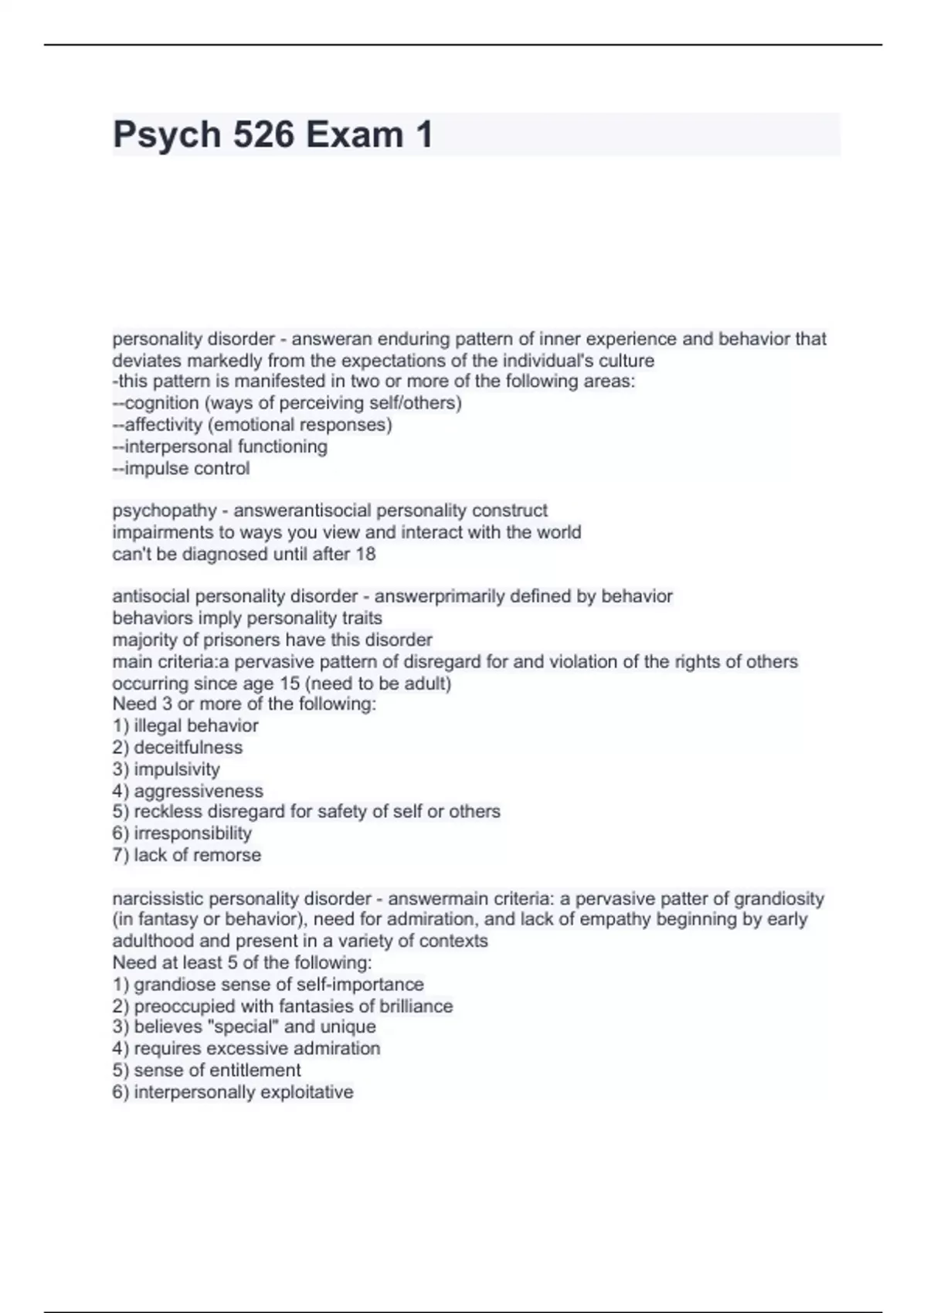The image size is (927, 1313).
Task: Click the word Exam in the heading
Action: [354, 135]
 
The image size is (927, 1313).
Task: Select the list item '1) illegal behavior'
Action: [185, 726]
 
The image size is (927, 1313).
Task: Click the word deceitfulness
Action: [188, 748]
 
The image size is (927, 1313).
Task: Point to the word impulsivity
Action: [177, 769]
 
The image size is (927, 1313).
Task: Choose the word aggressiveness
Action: [199, 791]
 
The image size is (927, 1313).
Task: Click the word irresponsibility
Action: [192, 833]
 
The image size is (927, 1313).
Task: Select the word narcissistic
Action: [157, 899]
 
